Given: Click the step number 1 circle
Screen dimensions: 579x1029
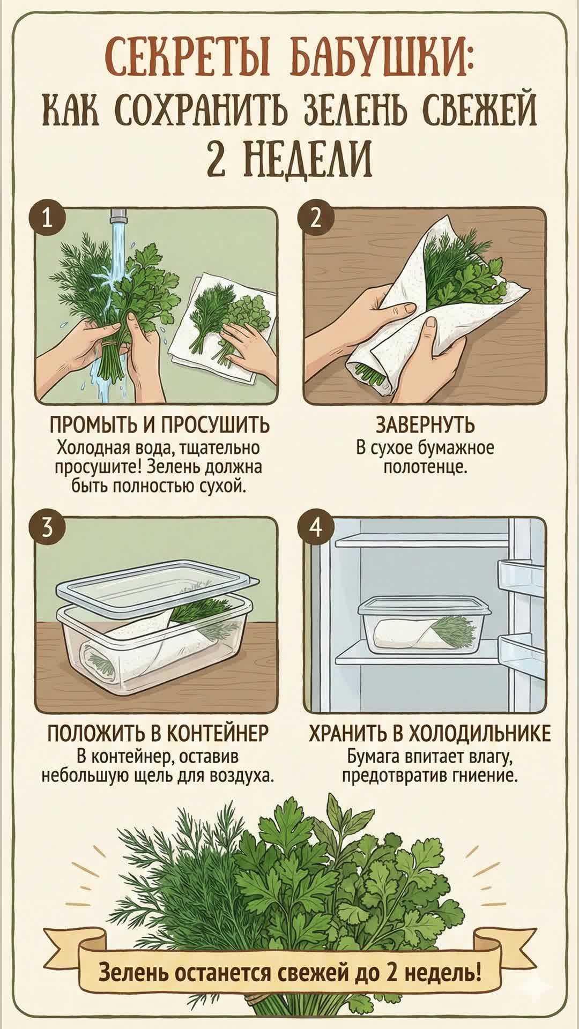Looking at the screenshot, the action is pos(48,220).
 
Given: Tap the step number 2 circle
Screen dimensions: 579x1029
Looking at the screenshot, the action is pos(316,220).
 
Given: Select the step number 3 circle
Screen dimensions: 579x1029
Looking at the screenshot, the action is pos(48,530).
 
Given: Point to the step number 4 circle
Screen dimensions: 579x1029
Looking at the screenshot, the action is pos(316,530).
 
